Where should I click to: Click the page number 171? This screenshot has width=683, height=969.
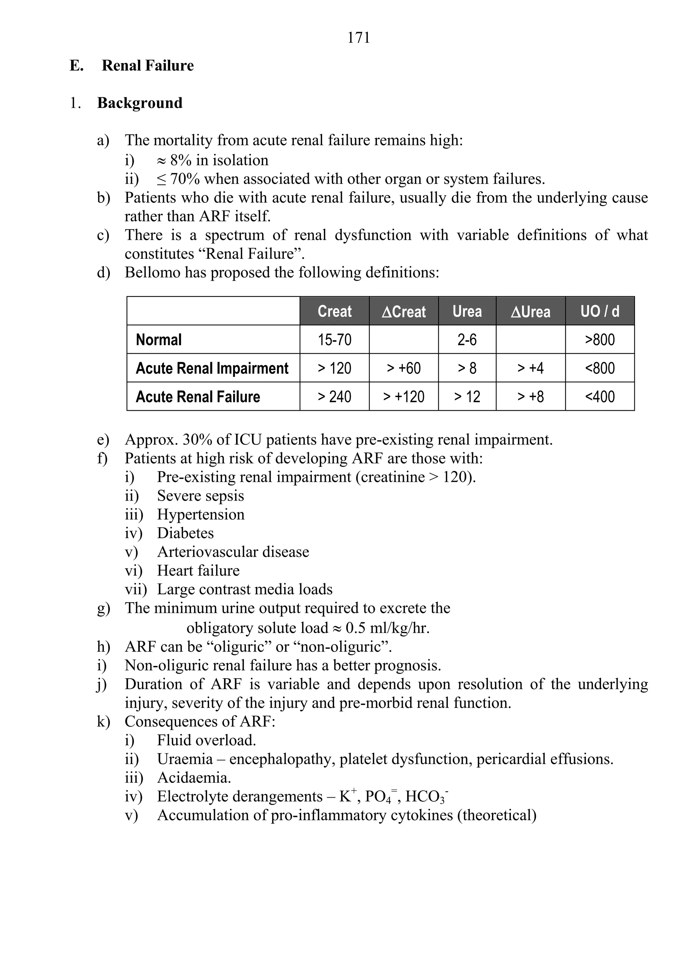click(x=359, y=38)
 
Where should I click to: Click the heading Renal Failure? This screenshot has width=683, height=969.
click(x=148, y=65)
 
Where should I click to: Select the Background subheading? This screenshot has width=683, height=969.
click(x=140, y=103)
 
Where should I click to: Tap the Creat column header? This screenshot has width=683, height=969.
click(x=334, y=311)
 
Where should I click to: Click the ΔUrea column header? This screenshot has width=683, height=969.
click(x=530, y=311)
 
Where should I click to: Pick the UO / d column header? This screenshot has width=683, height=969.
click(x=599, y=311)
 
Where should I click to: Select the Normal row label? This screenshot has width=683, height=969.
click(x=159, y=340)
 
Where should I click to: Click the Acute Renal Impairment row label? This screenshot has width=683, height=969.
click(x=212, y=368)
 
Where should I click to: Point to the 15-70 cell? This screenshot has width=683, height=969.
click(x=334, y=340)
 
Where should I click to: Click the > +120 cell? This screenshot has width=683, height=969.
click(x=404, y=397)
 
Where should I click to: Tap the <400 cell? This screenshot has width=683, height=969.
click(x=599, y=397)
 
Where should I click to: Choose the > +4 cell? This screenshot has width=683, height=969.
click(x=530, y=368)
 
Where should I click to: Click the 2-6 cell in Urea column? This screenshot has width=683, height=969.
click(x=467, y=340)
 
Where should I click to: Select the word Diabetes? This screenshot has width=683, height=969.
click(x=185, y=533)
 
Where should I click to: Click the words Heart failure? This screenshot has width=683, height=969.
click(x=198, y=571)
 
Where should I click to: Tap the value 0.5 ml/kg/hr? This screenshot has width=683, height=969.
click(x=387, y=628)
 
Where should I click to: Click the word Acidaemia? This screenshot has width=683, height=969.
click(x=194, y=777)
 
